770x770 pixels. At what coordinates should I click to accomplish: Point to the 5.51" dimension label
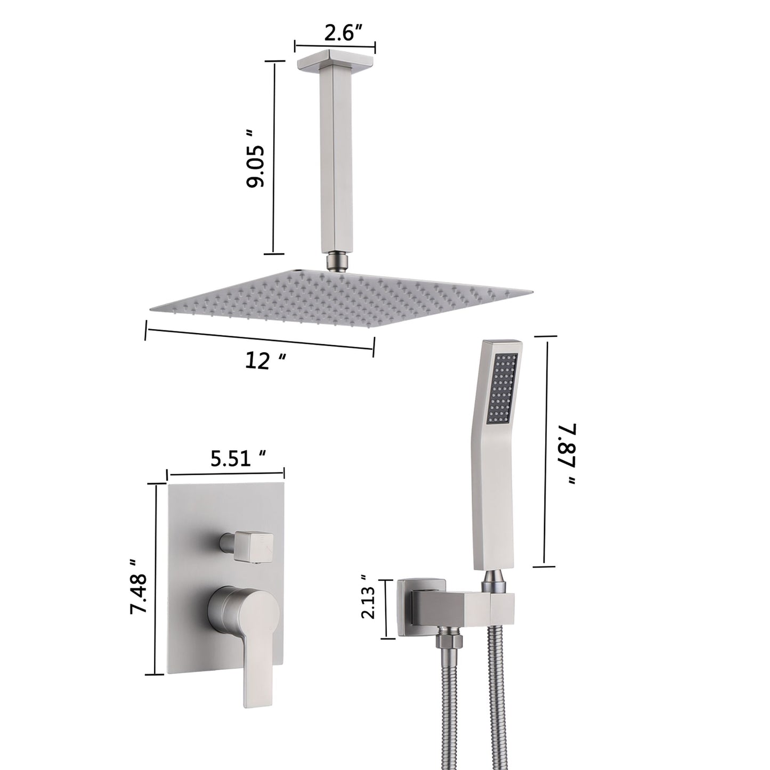pos(238,459)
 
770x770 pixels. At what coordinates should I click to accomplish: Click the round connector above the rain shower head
pos(334,262)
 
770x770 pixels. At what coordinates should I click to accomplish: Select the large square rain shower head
pos(341,298)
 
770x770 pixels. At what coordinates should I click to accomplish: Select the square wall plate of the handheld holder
pos(413,607)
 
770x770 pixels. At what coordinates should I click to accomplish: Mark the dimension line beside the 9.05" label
pos(274,158)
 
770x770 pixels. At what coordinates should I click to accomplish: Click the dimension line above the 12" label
pos(260,339)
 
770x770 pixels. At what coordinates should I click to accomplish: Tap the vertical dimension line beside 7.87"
pos(545,450)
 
